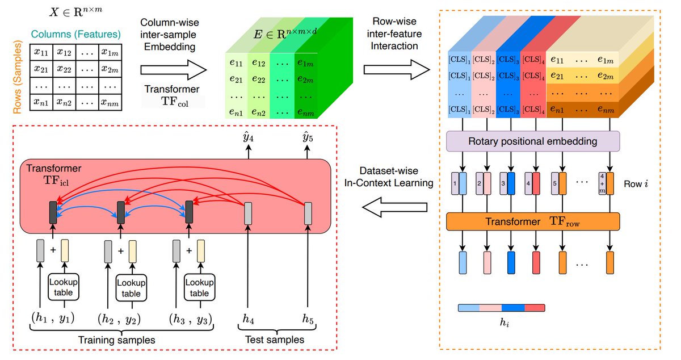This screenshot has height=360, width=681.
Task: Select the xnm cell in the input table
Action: click(x=110, y=103)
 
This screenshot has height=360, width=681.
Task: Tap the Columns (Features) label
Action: click(x=75, y=34)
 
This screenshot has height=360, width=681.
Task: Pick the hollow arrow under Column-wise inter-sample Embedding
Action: click(x=173, y=69)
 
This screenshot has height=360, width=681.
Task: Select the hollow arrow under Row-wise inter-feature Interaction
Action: click(x=396, y=69)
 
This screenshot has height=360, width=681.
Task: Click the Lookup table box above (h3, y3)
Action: click(x=199, y=288)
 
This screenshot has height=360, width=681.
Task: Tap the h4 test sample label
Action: click(x=248, y=320)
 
